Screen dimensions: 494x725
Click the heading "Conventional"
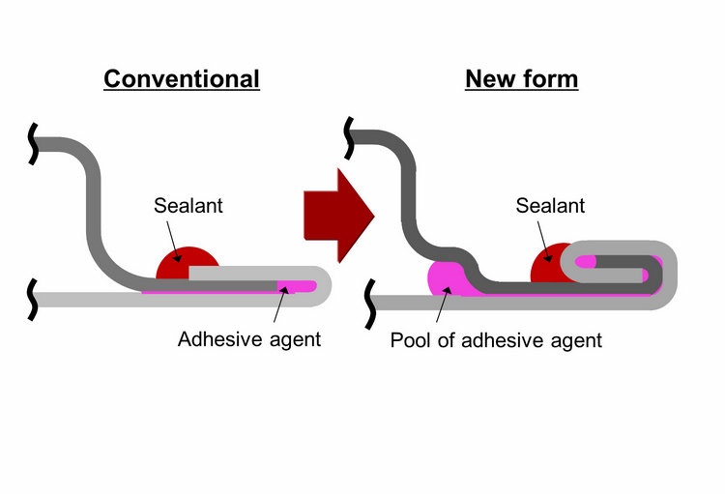pos(182,78)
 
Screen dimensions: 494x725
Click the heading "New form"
pos(521,78)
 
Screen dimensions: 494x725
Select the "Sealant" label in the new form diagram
pos(550,205)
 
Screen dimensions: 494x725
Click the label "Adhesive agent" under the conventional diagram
pos(249,339)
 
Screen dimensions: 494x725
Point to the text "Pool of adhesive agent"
pos(496,339)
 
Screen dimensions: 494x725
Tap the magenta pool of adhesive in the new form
pos(446,279)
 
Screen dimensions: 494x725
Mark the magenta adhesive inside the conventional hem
pos(296,286)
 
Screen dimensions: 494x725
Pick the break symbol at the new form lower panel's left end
pos(372,302)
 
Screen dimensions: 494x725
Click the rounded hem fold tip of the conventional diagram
pos(326,285)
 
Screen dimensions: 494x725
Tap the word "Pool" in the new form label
pos(409,339)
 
